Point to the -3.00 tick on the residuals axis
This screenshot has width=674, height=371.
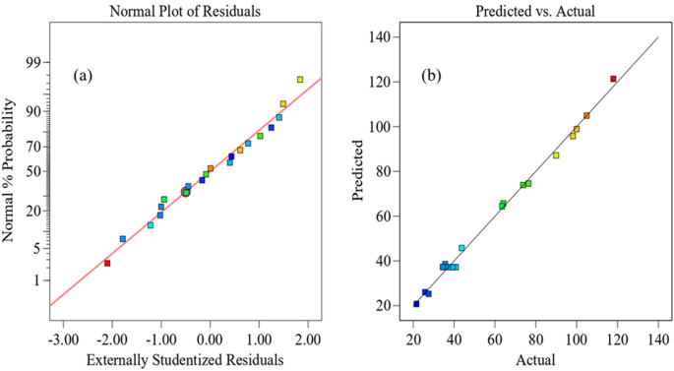click(x=63, y=340)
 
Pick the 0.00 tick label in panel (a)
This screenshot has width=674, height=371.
click(x=210, y=340)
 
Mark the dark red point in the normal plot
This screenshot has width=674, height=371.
click(x=107, y=263)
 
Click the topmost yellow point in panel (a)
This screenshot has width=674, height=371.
click(x=300, y=80)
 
